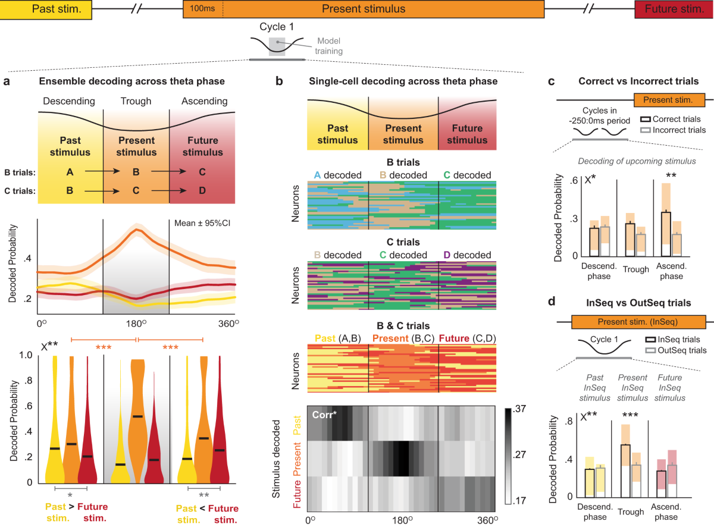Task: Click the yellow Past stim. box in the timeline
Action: (46, 10)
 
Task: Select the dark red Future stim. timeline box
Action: (674, 10)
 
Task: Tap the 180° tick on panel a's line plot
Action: (136, 324)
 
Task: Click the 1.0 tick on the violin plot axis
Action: (26, 355)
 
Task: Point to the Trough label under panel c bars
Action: (636, 269)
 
